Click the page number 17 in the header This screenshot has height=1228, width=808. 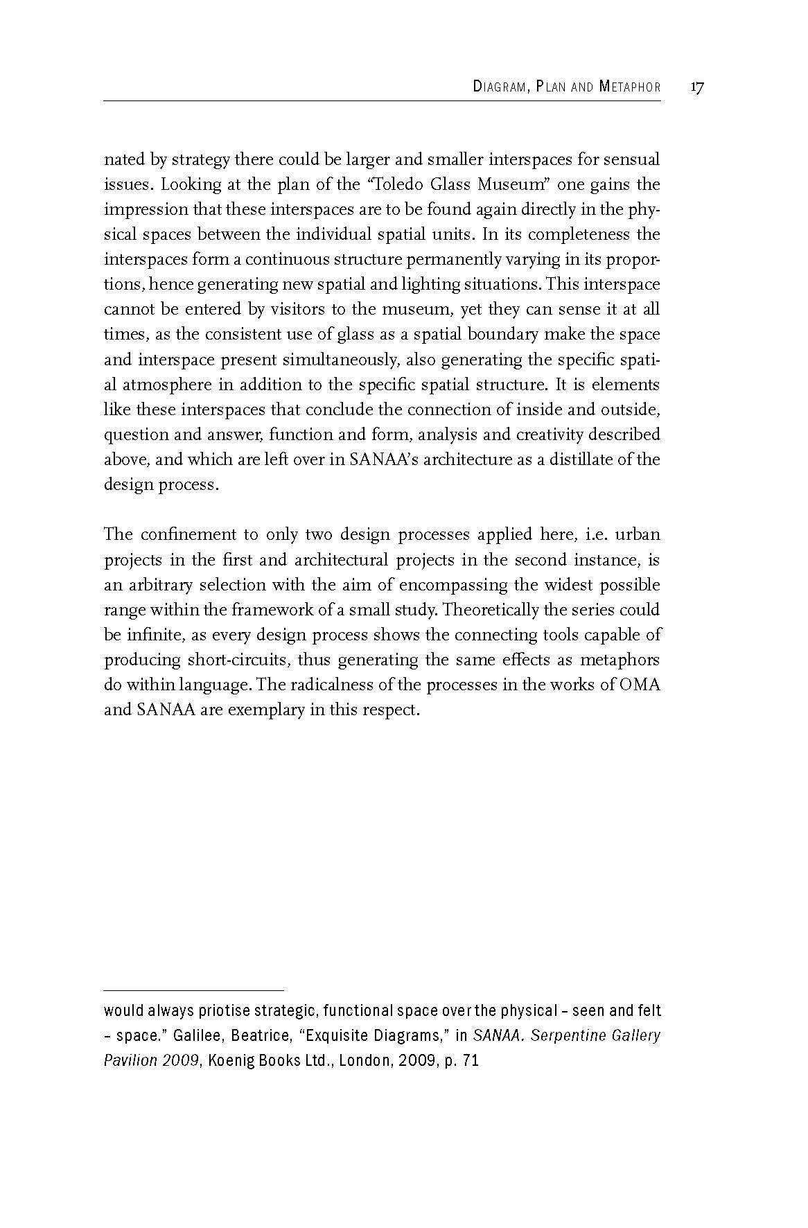(x=697, y=87)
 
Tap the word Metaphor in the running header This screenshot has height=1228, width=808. (x=630, y=87)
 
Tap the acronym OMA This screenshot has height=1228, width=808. (x=640, y=685)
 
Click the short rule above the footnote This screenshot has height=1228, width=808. (x=193, y=991)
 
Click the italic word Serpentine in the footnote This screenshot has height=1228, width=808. (x=561, y=1036)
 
